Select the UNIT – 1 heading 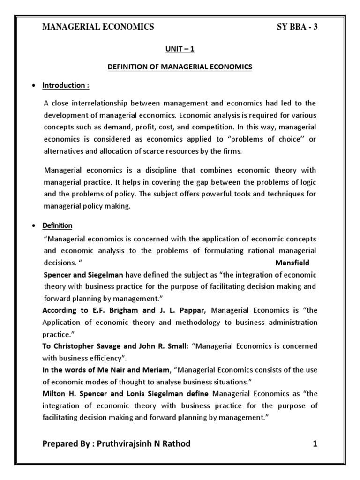(x=180, y=49)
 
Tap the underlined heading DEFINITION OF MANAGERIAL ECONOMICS (x=180, y=67)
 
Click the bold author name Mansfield (x=292, y=262)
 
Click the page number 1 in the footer (x=315, y=443)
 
